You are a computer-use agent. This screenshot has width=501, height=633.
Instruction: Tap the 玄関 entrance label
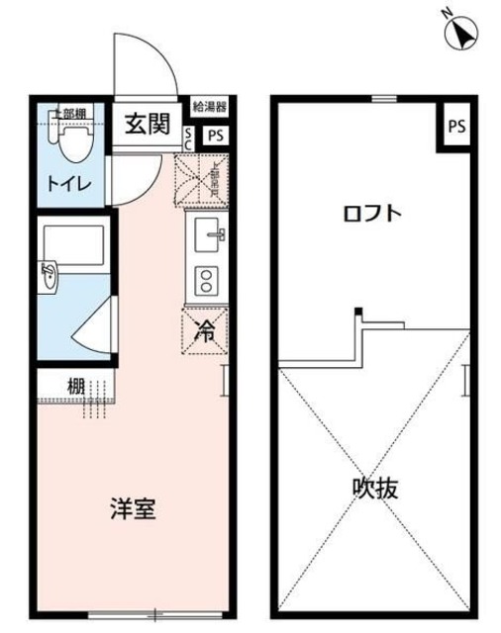[147, 125]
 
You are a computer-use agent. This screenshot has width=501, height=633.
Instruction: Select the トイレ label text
[67, 183]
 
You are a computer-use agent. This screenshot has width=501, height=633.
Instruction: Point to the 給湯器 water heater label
[210, 106]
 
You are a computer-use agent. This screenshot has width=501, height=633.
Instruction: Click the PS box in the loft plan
[455, 126]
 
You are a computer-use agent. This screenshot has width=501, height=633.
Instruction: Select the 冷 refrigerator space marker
[205, 331]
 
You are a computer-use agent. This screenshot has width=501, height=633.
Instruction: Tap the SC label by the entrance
[189, 136]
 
